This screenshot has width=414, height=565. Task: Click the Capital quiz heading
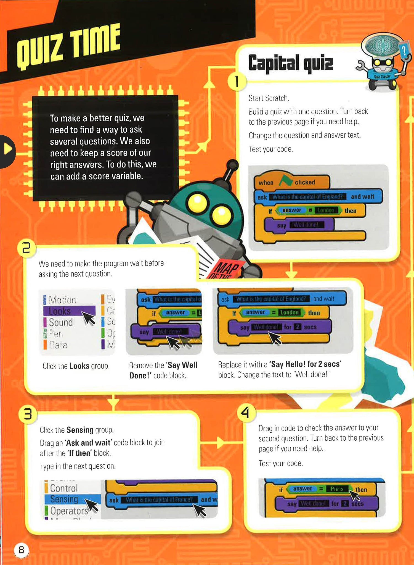pos(290,63)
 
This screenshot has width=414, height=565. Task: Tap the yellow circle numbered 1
pos(237,82)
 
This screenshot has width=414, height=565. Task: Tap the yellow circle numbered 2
pos(26,248)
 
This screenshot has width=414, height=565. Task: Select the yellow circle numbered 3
pos(28,414)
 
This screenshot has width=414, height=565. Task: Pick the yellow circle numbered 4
pos(246,413)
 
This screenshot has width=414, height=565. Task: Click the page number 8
pos(21,550)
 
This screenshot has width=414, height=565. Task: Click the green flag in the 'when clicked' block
pos(286,181)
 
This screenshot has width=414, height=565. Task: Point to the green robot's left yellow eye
pos(197,202)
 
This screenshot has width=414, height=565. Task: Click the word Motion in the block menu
pos(62,300)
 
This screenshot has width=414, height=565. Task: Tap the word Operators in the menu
pos(69,511)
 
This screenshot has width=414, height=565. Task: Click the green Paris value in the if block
pos(337,489)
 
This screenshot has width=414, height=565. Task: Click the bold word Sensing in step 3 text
pos(80,430)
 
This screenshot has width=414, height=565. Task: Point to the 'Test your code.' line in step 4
pos(280,463)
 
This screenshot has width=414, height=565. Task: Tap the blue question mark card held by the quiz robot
pos(404,51)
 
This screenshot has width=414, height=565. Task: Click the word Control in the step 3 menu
pos(64,488)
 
